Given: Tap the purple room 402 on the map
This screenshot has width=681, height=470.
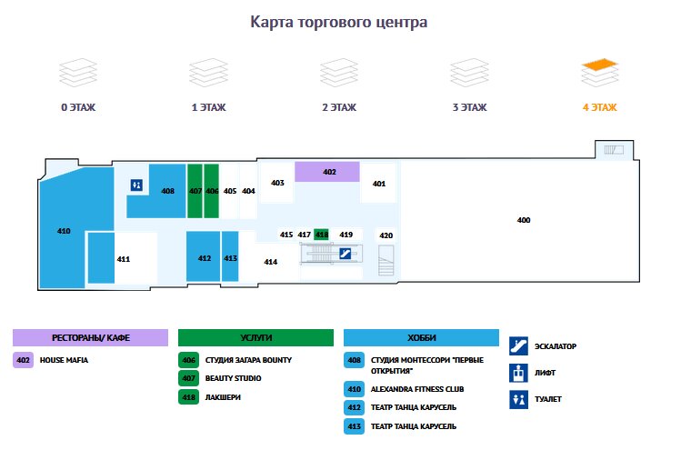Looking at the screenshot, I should (327, 172).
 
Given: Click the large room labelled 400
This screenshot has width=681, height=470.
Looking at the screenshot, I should (523, 221).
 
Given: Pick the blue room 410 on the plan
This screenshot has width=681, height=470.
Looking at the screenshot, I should (64, 231).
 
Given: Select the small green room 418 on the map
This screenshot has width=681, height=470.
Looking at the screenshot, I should (321, 235).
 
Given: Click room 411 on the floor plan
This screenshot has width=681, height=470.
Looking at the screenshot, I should (123, 259).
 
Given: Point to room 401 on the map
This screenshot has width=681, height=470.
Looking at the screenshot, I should (379, 185).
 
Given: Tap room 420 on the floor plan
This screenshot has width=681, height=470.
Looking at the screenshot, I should (386, 235).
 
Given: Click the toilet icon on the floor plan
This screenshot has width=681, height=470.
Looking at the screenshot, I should (136, 185).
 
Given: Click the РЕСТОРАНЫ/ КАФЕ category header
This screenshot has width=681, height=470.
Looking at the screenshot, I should (90, 337).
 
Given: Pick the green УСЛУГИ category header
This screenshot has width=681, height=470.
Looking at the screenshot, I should (255, 337).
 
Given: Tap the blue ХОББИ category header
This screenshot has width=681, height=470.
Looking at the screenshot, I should (421, 337).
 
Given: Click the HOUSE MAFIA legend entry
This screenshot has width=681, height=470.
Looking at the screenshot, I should (64, 360).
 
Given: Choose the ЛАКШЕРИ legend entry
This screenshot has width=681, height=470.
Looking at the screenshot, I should (223, 396).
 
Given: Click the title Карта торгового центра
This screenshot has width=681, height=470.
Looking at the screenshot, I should (338, 22).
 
